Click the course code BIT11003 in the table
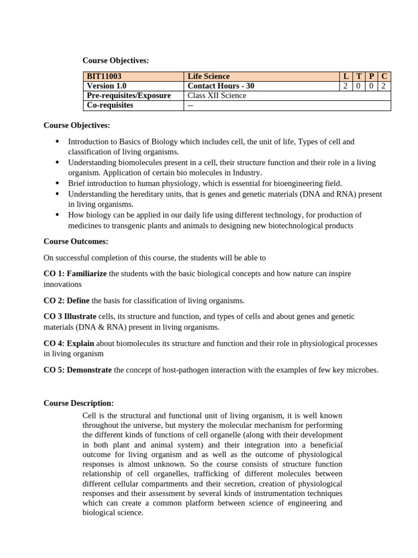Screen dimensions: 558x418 pyautogui.click(x=104, y=76)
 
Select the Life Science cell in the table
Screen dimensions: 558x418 pyautogui.click(x=208, y=76)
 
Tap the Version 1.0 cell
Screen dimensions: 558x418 pyautogui.click(x=108, y=86)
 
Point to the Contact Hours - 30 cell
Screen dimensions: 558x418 pyautogui.click(x=220, y=86)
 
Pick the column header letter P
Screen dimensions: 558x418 pyautogui.click(x=371, y=76)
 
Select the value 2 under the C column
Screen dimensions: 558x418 pyautogui.click(x=384, y=86)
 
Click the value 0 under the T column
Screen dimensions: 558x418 pyautogui.click(x=359, y=86)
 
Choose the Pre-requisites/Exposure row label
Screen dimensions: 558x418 pyautogui.click(x=128, y=95)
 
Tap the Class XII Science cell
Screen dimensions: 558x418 pyautogui.click(x=217, y=95)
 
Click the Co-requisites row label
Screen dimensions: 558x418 pyautogui.click(x=110, y=105)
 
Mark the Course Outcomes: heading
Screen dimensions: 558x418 pyautogui.click(x=76, y=241)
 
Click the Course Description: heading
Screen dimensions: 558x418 pyautogui.click(x=78, y=403)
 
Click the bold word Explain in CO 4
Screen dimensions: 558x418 pyautogui.click(x=81, y=343)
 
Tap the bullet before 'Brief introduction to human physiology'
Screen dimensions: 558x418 pyautogui.click(x=57, y=184)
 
